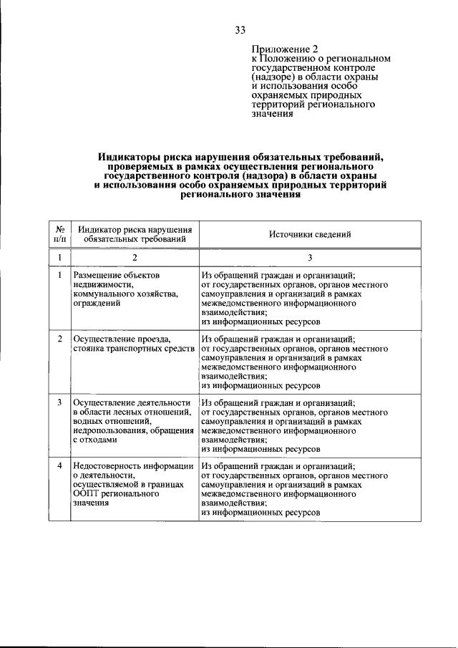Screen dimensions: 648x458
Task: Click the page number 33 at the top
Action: point(240,29)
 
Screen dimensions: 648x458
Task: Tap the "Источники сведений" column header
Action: point(310,234)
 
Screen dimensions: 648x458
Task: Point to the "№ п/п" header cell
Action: point(60,233)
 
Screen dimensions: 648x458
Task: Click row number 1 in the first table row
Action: point(60,275)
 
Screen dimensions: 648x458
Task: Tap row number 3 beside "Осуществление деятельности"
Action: point(60,402)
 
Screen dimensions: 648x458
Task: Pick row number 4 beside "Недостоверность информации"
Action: point(60,466)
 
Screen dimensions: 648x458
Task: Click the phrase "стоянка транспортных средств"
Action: point(134,348)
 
